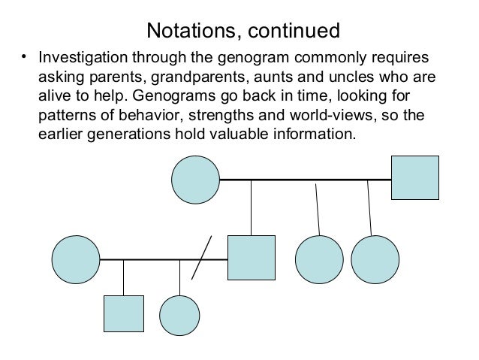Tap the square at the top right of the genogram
click(415, 178)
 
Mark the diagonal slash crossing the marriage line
click(202, 258)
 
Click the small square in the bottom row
click(123, 314)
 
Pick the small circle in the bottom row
click(179, 314)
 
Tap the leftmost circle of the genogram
click(75, 259)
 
